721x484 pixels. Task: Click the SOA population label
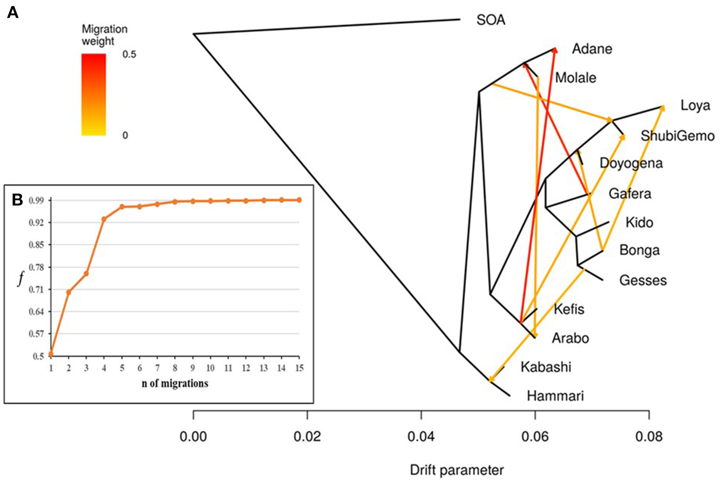490,20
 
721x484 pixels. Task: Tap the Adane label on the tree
592,49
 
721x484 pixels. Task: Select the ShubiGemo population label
677,136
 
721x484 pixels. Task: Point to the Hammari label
555,396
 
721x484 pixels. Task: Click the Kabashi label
545,367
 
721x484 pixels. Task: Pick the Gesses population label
643,280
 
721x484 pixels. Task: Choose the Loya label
695,105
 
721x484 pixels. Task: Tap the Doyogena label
631,163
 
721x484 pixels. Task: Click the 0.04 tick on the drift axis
421,436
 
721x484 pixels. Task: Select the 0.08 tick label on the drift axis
648,436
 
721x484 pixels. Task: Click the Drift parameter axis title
457,470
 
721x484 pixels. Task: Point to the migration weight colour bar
94,95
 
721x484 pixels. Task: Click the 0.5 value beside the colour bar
129,54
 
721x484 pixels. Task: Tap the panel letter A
13,12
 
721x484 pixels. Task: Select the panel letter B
17,200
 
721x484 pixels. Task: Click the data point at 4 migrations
104,219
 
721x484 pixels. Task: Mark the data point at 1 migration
51,354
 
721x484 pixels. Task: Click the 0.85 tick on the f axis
36,245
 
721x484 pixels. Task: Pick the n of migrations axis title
175,384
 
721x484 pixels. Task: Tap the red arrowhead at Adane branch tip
555,49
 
